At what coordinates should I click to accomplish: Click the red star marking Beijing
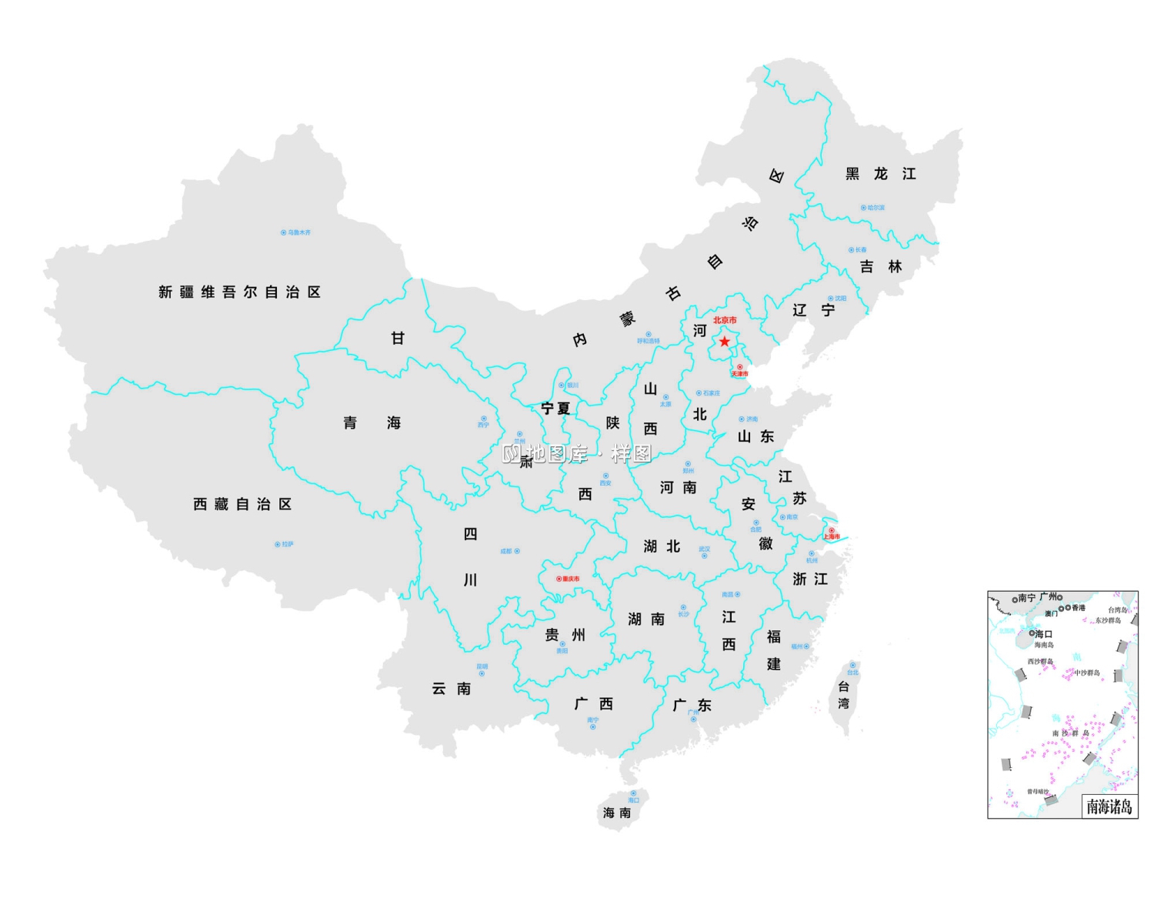coord(725,341)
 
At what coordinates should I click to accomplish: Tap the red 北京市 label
coord(725,320)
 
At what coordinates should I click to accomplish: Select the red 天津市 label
coord(739,374)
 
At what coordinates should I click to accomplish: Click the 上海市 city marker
coord(831,530)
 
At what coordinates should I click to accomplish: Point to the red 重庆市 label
coord(571,579)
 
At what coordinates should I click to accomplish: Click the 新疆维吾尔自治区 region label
coord(239,292)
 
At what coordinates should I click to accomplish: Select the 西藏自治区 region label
coord(242,504)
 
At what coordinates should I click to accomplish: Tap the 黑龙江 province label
coord(881,174)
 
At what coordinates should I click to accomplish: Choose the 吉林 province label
coord(881,266)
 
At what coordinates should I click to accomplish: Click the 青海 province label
coord(372,422)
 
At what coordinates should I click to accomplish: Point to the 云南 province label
coord(451,688)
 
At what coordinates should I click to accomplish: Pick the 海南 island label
coord(617,813)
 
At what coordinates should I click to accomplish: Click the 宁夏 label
coord(555,408)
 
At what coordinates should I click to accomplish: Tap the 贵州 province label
coord(565,634)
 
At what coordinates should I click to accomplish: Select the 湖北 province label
coord(662,546)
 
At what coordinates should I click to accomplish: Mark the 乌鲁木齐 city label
coord(299,232)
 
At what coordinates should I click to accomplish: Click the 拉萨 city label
coord(287,544)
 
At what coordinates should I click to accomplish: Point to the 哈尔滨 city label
coord(876,208)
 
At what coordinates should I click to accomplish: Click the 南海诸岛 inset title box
coord(1109,806)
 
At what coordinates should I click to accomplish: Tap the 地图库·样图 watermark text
coord(577,454)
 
